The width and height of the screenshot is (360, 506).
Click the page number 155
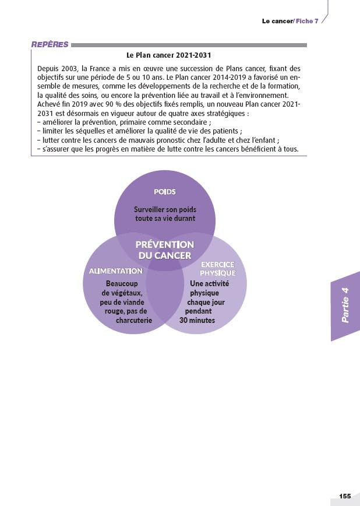345,496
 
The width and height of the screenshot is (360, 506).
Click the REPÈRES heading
50,44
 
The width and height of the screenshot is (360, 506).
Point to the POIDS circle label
165,191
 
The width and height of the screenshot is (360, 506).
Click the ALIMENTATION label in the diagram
115,271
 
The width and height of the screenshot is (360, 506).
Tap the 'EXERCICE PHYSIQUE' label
217,268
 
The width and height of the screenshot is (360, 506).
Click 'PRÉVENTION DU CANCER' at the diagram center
165,250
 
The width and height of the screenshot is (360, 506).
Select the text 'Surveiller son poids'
165,209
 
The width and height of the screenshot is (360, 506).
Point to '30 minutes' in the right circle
197,320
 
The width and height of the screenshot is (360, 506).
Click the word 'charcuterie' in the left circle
134,320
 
